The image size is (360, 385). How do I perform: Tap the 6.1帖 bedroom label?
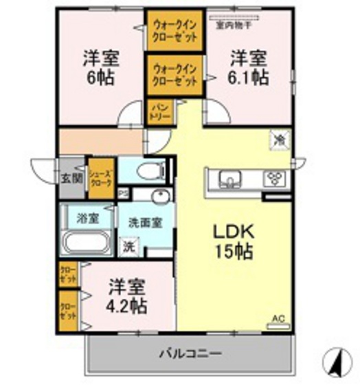(248, 67)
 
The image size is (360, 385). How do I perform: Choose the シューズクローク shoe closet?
(100, 179)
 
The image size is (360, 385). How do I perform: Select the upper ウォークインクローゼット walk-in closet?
(175, 29)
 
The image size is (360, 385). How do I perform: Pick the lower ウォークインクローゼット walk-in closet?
(175, 74)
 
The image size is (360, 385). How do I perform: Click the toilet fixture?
(150, 170)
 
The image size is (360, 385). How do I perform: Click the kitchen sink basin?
(229, 180)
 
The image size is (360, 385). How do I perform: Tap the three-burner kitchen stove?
(275, 178)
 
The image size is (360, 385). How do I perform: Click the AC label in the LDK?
(278, 318)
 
